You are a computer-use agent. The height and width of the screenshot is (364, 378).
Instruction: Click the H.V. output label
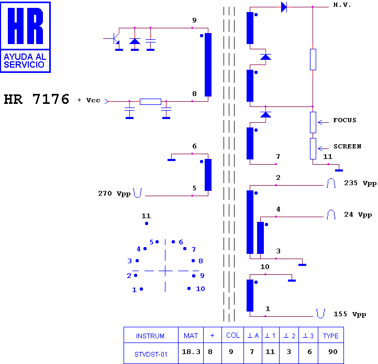pos(342,5)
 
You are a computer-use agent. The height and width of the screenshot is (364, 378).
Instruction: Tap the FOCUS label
pos(344,120)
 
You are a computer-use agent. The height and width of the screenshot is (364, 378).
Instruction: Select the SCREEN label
pos(348,146)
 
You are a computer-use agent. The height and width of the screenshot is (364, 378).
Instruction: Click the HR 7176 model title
pos(37,99)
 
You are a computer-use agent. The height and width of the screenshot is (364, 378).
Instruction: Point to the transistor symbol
pos(116,39)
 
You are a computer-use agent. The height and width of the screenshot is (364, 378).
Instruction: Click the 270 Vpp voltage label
pos(114,194)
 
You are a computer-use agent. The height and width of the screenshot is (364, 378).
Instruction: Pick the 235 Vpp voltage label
pos(360,183)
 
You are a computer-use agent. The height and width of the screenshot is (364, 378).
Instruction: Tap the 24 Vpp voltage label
pos(358,215)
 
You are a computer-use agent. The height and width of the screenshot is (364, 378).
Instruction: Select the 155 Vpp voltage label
pos(350,314)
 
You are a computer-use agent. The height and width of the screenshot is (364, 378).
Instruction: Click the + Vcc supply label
pos(88,100)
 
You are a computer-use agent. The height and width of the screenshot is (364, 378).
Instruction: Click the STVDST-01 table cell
pos(151,355)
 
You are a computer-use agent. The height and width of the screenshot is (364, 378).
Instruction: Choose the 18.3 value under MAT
pos(191,352)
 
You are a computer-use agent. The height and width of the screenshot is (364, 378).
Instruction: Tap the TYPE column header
pos(331,336)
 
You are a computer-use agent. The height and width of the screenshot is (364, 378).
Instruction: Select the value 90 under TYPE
pos(332,352)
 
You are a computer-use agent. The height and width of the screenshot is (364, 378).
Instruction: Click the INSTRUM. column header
pos(151,336)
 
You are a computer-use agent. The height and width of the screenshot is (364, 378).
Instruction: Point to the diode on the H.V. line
pos(284,7)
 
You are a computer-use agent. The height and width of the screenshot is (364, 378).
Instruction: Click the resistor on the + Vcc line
pos(150,101)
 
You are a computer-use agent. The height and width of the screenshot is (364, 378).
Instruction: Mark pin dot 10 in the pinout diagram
pos(189,288)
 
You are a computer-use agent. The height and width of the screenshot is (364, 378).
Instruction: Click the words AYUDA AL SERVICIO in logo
pos(25,60)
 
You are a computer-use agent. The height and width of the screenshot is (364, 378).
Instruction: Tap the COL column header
pos(233,335)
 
